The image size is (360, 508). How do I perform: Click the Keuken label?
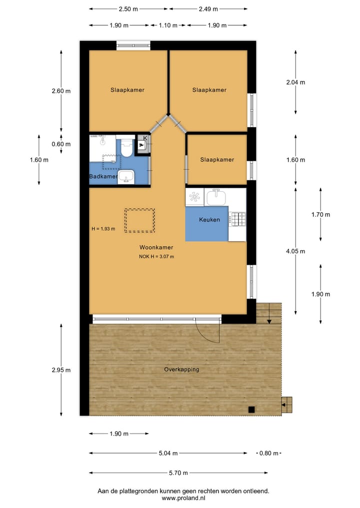tap(209, 220)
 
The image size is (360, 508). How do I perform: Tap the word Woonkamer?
tap(156, 247)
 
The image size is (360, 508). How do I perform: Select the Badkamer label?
tap(103, 177)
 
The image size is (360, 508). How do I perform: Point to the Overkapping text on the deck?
tap(181, 370)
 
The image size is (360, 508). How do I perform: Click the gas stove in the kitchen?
tap(237, 219)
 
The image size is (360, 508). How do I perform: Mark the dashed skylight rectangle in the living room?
tap(139, 220)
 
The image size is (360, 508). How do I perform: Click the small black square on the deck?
tap(251, 410)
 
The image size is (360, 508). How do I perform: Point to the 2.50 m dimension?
tap(128, 9)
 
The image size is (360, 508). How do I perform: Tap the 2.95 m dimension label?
tap(61, 370)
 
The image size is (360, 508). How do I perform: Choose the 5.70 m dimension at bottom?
tap(178, 473)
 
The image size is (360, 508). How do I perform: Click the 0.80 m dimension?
tap(269, 454)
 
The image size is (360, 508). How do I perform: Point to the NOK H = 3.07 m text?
tap(156, 257)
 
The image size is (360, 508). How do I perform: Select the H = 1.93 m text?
tap(103, 229)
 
